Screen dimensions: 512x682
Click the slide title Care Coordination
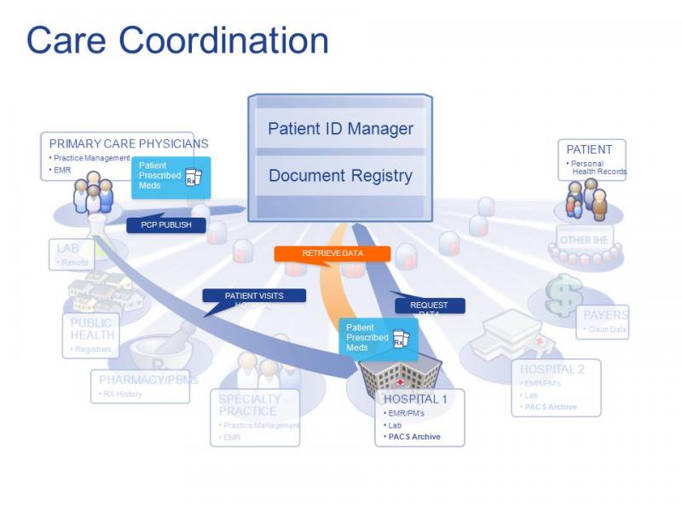point(177,41)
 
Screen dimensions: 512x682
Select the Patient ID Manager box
point(340,129)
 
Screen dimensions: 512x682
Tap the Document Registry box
point(340,176)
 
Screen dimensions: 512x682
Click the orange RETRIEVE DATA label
point(332,253)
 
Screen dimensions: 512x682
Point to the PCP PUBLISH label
point(165,225)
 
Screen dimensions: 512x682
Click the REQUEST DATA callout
point(429,306)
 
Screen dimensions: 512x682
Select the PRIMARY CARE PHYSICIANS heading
point(129,143)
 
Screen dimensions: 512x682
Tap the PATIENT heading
point(590,149)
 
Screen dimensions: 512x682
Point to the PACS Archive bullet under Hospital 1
point(414,436)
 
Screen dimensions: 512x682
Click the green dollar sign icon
point(564,296)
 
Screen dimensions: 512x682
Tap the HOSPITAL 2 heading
point(552,369)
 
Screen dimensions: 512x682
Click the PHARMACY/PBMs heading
point(148,380)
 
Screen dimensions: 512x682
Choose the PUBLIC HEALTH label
point(91,329)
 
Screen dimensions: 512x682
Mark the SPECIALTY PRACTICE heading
point(249,404)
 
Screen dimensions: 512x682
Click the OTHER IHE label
point(584,240)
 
